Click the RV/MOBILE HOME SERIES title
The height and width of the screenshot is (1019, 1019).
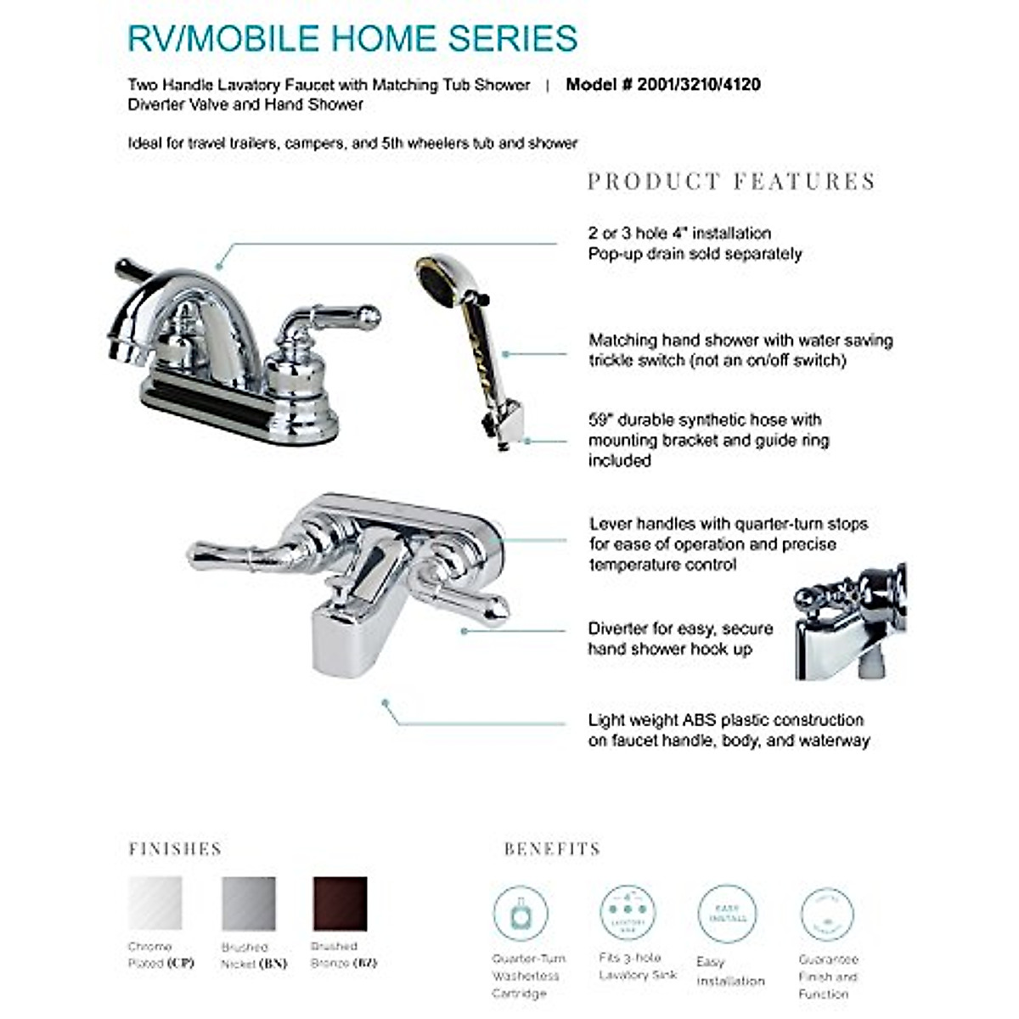click(x=352, y=39)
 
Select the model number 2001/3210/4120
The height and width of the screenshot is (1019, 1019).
click(x=662, y=84)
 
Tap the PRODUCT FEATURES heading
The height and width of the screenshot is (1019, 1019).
click(x=731, y=182)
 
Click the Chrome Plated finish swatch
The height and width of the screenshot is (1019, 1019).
click(x=155, y=903)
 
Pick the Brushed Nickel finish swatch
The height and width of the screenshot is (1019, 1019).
click(x=249, y=903)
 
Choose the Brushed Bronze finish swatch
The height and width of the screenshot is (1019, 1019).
click(x=340, y=903)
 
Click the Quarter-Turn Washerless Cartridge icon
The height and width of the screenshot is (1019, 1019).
click(x=521, y=913)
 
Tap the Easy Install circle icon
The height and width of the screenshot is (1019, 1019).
click(x=727, y=914)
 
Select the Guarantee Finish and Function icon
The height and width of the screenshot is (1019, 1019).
click(x=826, y=915)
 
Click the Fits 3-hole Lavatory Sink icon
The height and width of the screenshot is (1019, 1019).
click(x=628, y=911)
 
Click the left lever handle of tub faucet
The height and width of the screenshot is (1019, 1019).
click(x=238, y=552)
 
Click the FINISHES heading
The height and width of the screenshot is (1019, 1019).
click(x=175, y=849)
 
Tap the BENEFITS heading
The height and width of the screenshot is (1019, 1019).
click(x=552, y=849)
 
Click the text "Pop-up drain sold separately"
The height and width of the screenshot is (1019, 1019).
click(x=695, y=254)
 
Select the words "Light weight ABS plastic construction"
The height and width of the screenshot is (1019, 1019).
click(x=726, y=720)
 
